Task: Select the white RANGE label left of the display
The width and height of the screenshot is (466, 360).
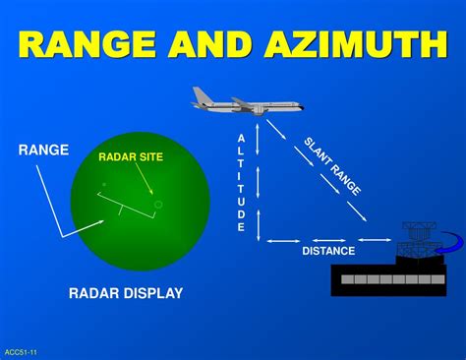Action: tap(43, 150)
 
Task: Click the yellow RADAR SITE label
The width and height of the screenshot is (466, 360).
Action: tap(131, 156)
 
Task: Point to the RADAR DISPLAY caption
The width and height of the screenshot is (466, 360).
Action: tap(126, 293)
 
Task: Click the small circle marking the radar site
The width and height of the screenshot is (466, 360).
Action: tap(158, 205)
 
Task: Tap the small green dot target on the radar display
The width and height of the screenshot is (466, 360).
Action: tap(103, 184)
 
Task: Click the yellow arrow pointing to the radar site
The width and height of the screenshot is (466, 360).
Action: tap(144, 179)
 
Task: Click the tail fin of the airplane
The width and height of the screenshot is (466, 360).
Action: tap(201, 95)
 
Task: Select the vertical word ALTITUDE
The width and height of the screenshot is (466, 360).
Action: tap(241, 183)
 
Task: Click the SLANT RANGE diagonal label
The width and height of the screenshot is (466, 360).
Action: tap(331, 166)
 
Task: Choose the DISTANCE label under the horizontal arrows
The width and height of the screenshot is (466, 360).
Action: tap(328, 251)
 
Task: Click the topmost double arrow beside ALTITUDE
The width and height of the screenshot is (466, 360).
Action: tap(259, 139)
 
